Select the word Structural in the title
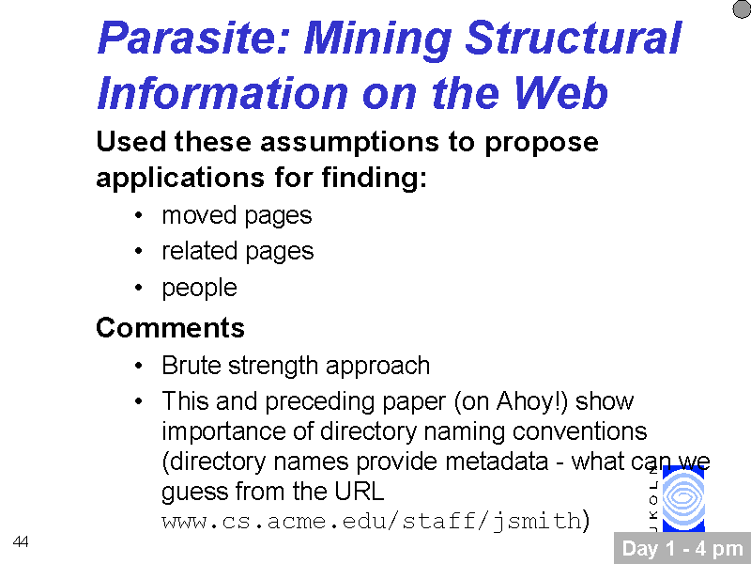click(574, 38)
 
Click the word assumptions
click(349, 143)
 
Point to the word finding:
click(374, 178)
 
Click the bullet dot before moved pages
click(138, 215)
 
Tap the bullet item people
click(199, 289)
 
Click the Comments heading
click(171, 328)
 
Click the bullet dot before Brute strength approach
click(138, 366)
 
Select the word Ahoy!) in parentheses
click(531, 401)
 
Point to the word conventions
click(579, 431)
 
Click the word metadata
click(497, 462)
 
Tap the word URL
click(360, 492)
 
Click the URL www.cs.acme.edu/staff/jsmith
click(372, 522)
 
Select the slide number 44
click(21, 542)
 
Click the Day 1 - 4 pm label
click(682, 548)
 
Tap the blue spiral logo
click(683, 498)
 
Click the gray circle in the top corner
click(742, 9)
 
